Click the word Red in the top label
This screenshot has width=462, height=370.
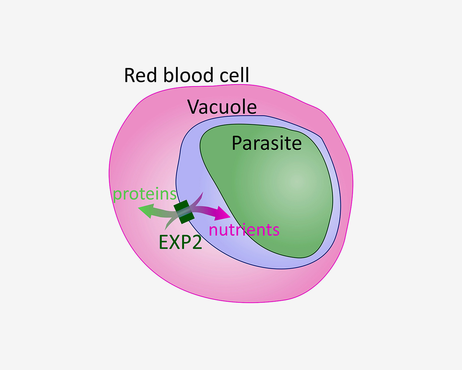pos(140,75)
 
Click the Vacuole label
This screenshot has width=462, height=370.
pos(222,107)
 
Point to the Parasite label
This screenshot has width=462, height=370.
pos(267,143)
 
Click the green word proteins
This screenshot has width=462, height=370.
pos(144,194)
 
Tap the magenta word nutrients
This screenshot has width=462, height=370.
pos(244,230)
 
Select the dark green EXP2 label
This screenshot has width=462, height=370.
pos(180,242)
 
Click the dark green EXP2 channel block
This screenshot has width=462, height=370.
pos(184,212)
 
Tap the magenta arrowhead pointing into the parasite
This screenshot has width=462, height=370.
pos(223,214)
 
